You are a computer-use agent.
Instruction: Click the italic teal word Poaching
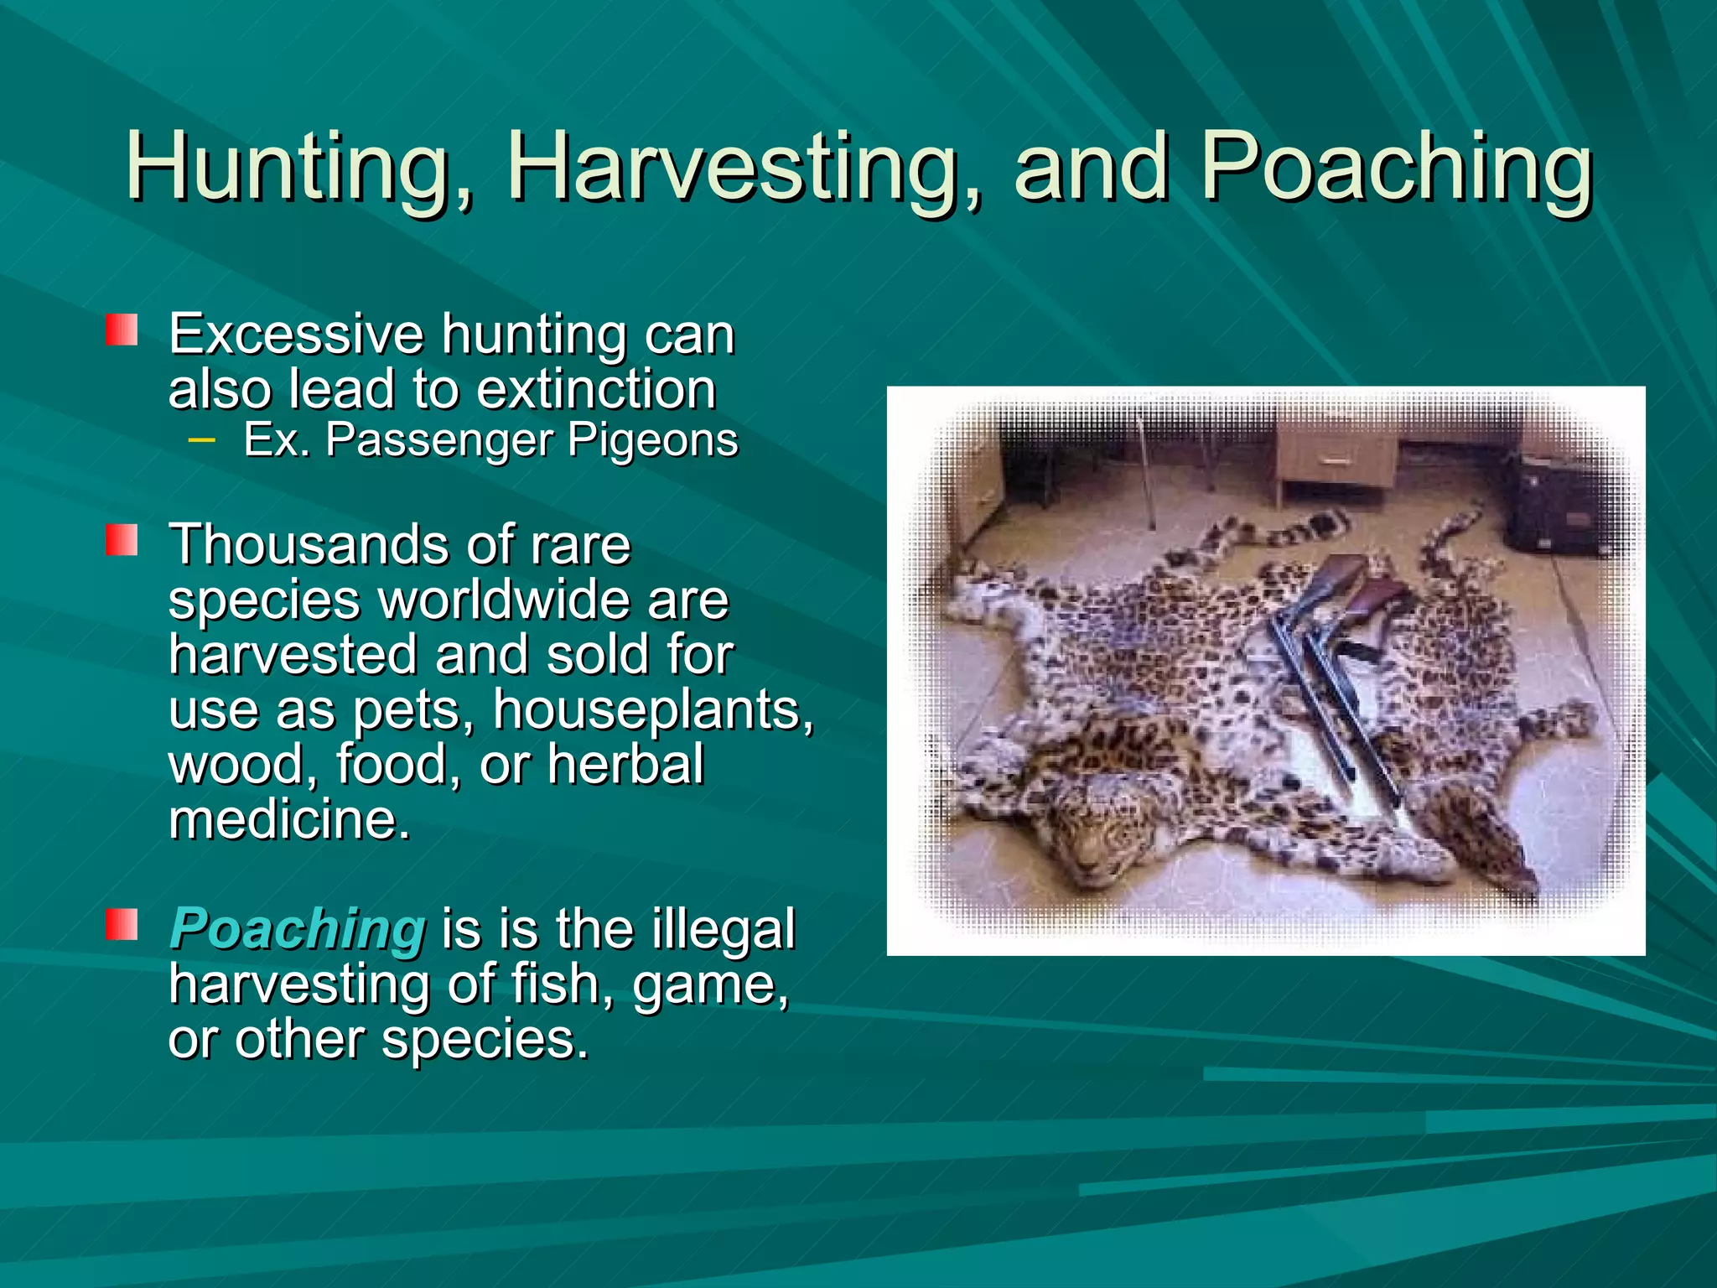point(298,931)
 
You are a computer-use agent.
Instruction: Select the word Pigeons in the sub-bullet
point(653,440)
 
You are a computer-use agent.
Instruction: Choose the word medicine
point(289,819)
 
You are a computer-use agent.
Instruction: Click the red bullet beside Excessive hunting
point(122,330)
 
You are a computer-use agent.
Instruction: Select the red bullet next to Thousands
point(122,540)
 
